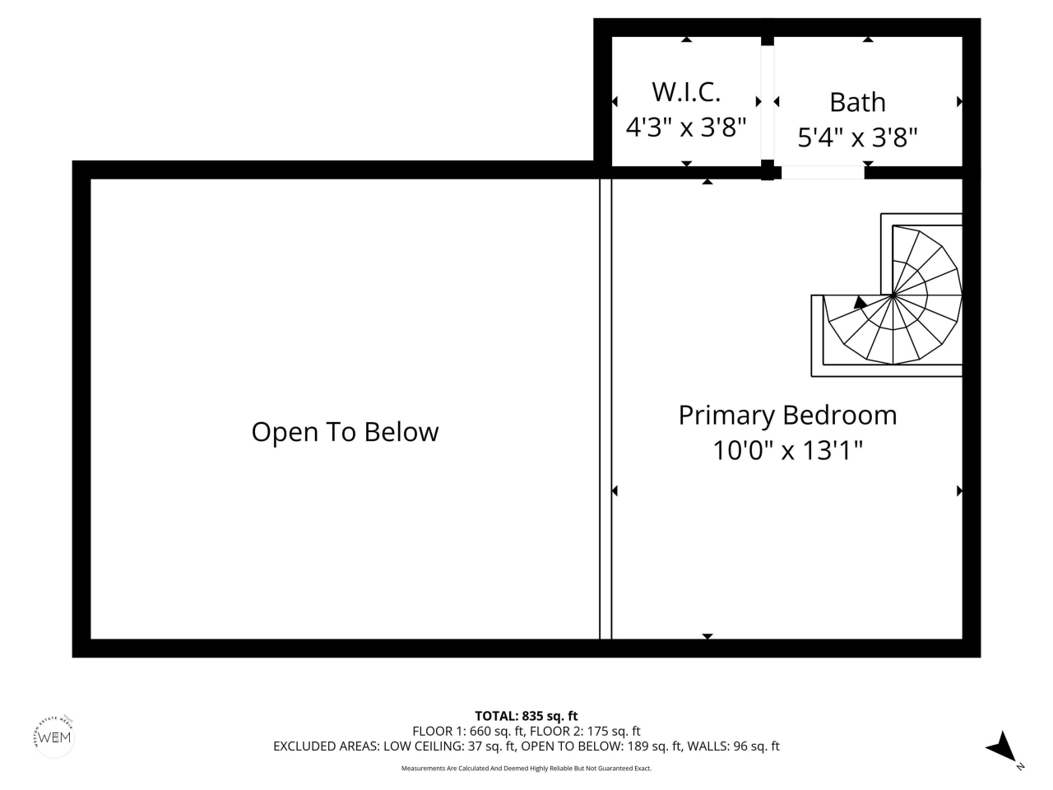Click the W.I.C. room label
(685, 91)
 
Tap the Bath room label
(857, 102)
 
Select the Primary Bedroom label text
(787, 415)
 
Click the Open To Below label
(345, 432)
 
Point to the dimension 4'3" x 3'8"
(685, 127)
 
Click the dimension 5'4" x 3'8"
(857, 137)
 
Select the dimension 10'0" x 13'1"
(787, 450)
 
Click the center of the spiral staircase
(893, 295)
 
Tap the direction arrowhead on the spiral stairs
(860, 302)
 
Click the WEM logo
(55, 736)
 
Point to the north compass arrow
(1002, 746)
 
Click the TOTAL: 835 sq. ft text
(526, 716)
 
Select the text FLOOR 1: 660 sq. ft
(469, 731)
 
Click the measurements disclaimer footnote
(526, 769)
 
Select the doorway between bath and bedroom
(822, 172)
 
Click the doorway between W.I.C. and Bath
(767, 103)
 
